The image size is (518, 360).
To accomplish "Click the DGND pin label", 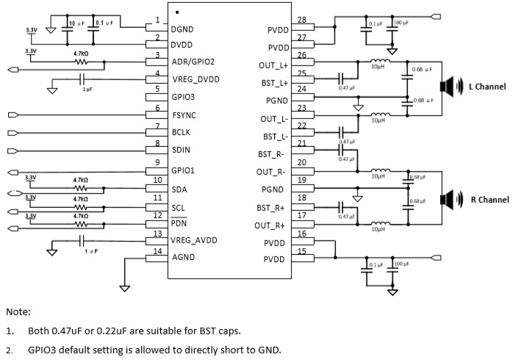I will tap(182, 29).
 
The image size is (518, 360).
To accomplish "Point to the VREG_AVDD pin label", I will tap(194, 240).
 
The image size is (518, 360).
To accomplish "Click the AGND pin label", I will tap(182, 259).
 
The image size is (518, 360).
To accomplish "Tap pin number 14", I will tap(157, 252).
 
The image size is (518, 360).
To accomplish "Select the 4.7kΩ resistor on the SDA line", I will tap(81, 187).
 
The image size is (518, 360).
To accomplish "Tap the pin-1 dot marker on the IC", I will tap(178, 12).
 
